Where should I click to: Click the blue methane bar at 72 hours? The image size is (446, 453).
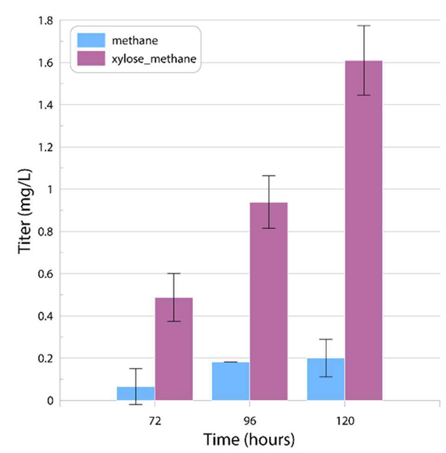click(136, 394)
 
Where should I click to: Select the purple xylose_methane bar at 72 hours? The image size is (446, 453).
click(174, 349)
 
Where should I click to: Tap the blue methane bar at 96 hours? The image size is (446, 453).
click(230, 381)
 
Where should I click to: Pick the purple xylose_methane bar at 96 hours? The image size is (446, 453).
click(268, 301)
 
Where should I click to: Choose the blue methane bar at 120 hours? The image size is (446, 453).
click(326, 379)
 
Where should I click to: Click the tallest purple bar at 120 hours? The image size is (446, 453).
click(363, 230)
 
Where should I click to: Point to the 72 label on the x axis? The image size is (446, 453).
click(155, 421)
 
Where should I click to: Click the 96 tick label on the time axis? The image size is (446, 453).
click(250, 421)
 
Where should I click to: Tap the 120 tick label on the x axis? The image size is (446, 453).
click(345, 421)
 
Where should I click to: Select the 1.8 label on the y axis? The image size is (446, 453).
click(45, 21)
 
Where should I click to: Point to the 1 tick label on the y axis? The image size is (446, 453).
click(50, 190)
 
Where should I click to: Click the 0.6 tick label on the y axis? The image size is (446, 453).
click(45, 274)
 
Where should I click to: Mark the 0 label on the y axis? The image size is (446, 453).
click(50, 401)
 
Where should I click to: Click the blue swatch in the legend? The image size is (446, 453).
click(91, 40)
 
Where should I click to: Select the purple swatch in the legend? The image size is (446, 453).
click(91, 58)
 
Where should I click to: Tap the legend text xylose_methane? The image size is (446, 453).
click(154, 59)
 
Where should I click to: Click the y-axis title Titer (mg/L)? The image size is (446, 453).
click(25, 211)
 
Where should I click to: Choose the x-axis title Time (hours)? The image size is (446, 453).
click(249, 440)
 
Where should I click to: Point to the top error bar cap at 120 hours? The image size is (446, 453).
click(363, 26)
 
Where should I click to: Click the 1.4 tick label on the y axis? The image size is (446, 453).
click(45, 105)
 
